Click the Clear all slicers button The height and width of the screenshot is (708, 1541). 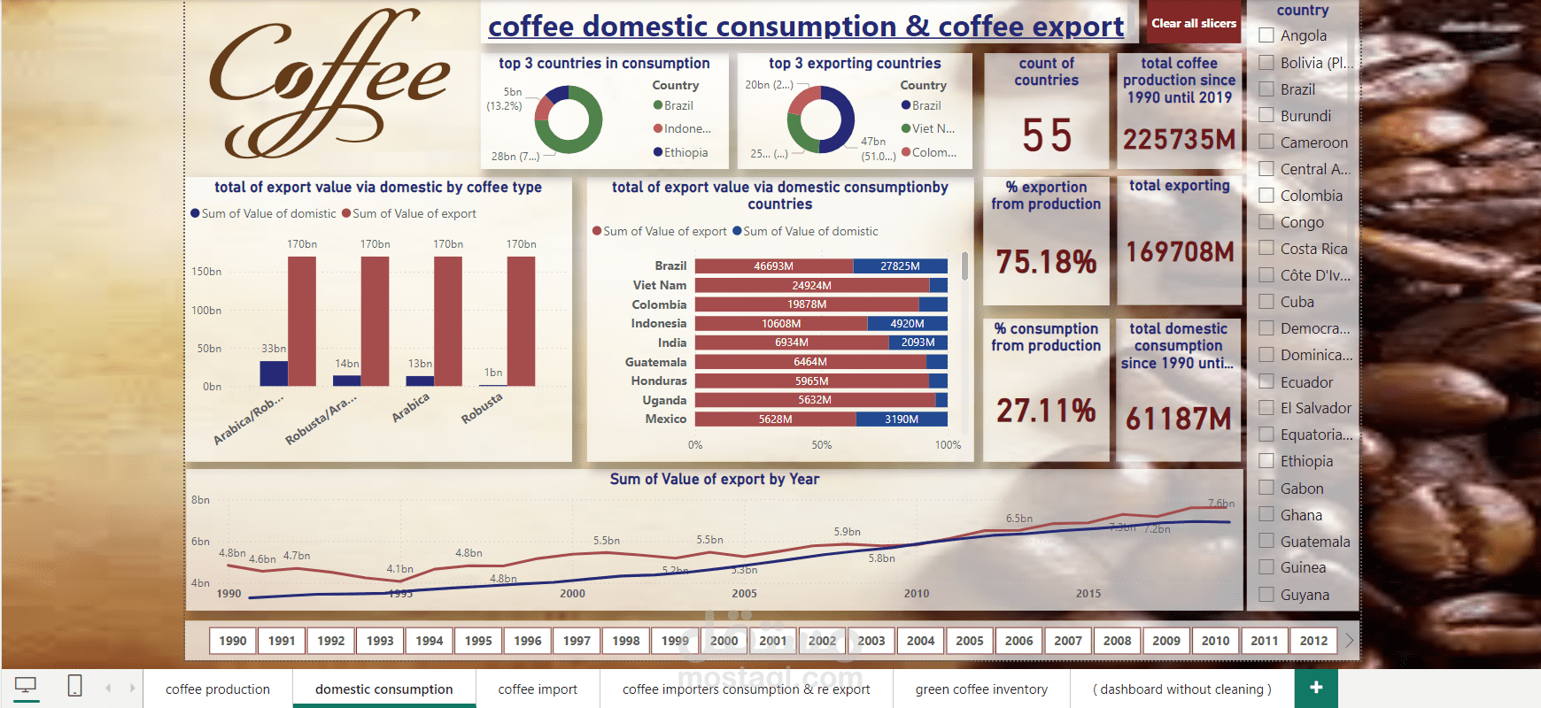pyautogui.click(x=1193, y=24)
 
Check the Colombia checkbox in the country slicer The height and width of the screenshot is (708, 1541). pyautogui.click(x=1266, y=196)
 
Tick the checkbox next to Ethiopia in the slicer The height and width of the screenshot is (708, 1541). pyautogui.click(x=1266, y=461)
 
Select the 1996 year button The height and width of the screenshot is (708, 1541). pyautogui.click(x=527, y=641)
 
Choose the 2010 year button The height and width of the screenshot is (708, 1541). pyautogui.click(x=1215, y=641)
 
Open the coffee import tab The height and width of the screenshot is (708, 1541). pyautogui.click(x=538, y=689)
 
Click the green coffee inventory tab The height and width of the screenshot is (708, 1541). pyautogui.click(x=981, y=689)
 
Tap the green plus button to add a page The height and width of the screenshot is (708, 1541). pyautogui.click(x=1316, y=688)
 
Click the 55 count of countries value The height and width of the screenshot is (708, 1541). pyautogui.click(x=1047, y=135)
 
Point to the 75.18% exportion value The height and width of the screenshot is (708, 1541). pyautogui.click(x=1046, y=262)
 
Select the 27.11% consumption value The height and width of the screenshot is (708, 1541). pyautogui.click(x=1046, y=411)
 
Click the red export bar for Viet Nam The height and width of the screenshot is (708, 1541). pyautogui.click(x=811, y=285)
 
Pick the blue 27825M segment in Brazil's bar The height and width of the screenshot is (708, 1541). pyautogui.click(x=900, y=265)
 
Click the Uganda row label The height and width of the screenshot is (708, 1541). pyautogui.click(x=664, y=400)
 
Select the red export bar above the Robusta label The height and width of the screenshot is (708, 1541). pyautogui.click(x=521, y=320)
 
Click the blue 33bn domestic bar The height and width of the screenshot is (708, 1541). pyautogui.click(x=274, y=373)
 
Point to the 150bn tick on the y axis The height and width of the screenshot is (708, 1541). pyautogui.click(x=206, y=272)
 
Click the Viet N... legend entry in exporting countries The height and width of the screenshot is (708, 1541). pyautogui.click(x=933, y=128)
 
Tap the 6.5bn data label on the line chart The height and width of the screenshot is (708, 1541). pyautogui.click(x=1018, y=519)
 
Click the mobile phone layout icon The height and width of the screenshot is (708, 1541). pyautogui.click(x=75, y=686)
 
